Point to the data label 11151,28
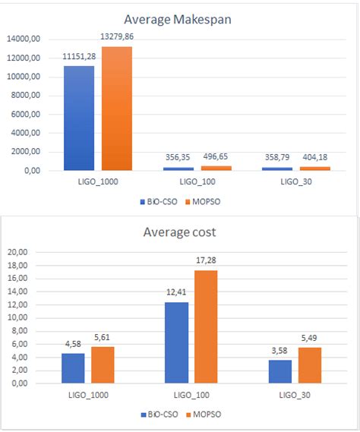(79, 58)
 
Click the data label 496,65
(216, 157)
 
